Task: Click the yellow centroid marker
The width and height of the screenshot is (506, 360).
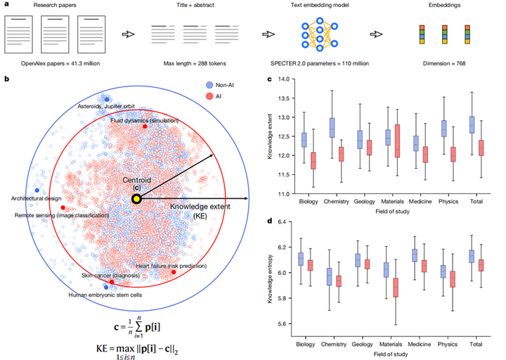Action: click(x=136, y=199)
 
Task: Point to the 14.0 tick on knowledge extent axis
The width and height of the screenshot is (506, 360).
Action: click(x=294, y=82)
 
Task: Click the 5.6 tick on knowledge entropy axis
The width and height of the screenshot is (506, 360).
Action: click(x=294, y=324)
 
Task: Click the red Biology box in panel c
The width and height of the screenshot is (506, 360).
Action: click(x=313, y=161)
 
